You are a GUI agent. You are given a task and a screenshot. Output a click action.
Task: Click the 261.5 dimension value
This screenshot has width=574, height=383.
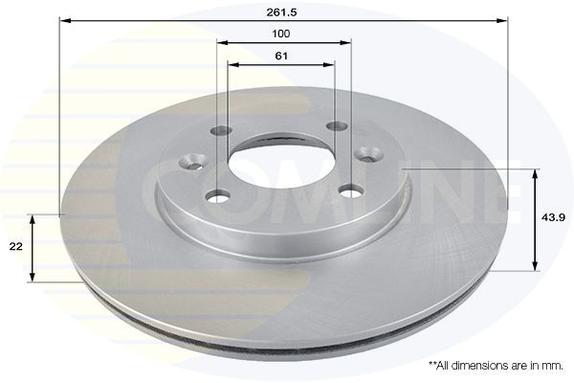tap(281, 12)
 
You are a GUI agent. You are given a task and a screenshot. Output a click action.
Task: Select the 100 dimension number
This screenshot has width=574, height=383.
tap(281, 34)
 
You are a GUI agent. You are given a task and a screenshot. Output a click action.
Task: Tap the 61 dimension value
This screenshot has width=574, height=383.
tap(281, 56)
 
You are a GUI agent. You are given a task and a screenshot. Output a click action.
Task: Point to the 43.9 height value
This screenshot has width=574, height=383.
tap(554, 217)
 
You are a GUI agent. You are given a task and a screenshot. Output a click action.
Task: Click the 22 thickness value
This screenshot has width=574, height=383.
tap(15, 247)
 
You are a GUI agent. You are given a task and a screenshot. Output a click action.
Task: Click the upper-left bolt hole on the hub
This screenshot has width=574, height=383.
tap(222, 130)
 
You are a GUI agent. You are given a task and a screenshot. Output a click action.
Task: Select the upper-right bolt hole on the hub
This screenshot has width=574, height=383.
tap(337, 126)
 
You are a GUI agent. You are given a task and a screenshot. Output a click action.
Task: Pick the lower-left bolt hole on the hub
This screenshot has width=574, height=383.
tap(218, 196)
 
